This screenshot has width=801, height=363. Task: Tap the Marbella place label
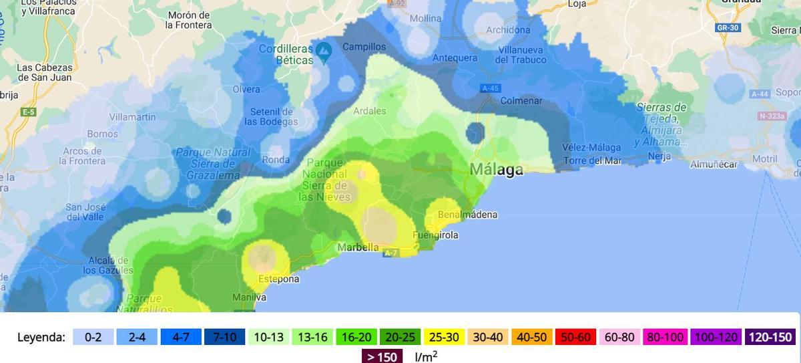click(358, 247)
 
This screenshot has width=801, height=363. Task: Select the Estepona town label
click(278, 279)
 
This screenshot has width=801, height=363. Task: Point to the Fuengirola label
click(435, 235)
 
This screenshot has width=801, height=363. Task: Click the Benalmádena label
click(467, 215)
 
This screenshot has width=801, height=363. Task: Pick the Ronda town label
click(276, 160)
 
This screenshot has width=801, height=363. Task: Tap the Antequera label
click(455, 57)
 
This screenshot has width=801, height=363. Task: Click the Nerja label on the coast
click(659, 156)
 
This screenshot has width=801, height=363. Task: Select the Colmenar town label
click(521, 101)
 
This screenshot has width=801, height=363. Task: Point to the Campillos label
click(364, 47)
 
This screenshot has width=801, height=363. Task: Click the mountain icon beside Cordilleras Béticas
click(324, 50)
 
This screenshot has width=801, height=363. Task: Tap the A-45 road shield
click(489, 88)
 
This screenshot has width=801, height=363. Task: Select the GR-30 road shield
click(726, 28)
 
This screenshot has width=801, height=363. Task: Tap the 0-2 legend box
click(93, 337)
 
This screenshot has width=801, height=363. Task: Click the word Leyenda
click(41, 337)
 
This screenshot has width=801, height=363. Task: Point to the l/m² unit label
click(426, 356)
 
